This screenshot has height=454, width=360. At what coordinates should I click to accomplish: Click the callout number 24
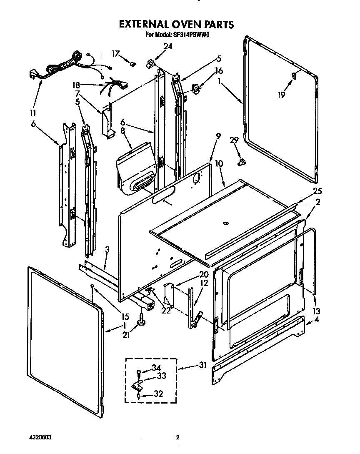167,47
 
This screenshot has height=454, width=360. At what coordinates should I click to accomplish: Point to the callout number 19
282,95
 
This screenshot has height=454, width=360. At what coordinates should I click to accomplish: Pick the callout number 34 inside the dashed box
156,367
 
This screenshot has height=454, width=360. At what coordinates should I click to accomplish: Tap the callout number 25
317,191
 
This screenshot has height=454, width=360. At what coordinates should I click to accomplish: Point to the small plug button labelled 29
240,162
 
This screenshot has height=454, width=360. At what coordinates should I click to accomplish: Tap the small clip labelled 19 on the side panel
294,75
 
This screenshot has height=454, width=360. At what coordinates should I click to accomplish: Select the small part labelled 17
133,64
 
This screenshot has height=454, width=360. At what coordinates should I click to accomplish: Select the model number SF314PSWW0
190,35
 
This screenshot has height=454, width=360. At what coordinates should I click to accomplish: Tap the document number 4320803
40,438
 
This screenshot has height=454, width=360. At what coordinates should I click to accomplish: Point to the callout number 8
122,130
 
